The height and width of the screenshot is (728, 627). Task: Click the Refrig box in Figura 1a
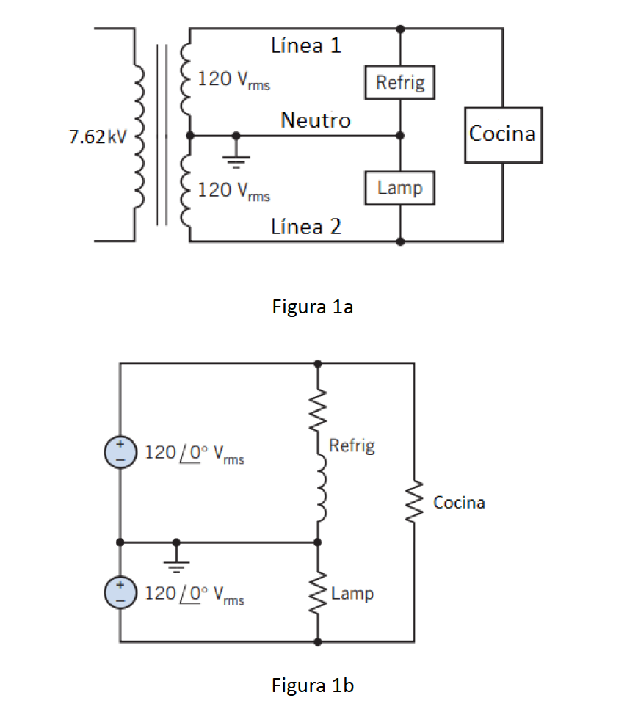click(399, 82)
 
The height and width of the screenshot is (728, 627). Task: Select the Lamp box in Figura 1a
click(399, 188)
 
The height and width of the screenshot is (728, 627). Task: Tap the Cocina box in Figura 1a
click(503, 135)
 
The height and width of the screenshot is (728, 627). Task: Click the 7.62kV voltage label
click(98, 137)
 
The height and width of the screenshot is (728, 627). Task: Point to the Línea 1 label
click(306, 46)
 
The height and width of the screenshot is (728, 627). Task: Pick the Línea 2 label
click(306, 227)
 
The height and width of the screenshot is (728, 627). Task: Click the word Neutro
click(316, 120)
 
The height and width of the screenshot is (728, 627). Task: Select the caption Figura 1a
click(313, 307)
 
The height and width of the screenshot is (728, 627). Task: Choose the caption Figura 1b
click(313, 686)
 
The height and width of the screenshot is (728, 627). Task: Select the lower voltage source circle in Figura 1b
click(120, 591)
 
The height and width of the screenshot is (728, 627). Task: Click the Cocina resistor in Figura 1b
click(413, 503)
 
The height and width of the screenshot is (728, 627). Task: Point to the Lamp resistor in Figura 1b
click(318, 594)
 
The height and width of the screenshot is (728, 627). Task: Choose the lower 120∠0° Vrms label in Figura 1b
click(195, 594)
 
